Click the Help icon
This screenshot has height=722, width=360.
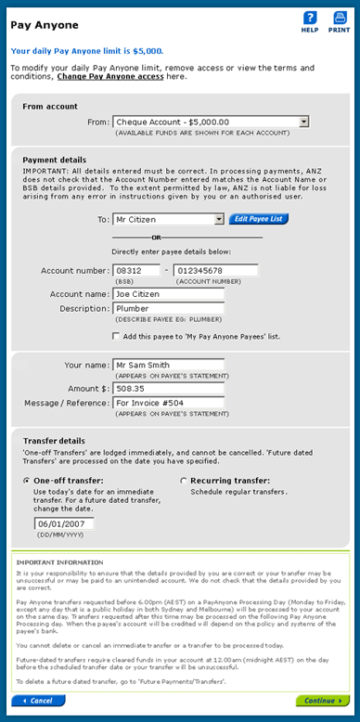(310, 18)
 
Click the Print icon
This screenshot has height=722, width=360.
(339, 18)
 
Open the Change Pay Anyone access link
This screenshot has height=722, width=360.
(112, 77)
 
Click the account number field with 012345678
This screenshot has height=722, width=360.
(214, 270)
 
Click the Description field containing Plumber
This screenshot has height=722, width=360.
(168, 309)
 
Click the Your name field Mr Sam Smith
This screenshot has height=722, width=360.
(168, 365)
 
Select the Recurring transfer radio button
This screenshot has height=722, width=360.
(183, 481)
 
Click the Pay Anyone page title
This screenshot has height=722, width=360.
(44, 25)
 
